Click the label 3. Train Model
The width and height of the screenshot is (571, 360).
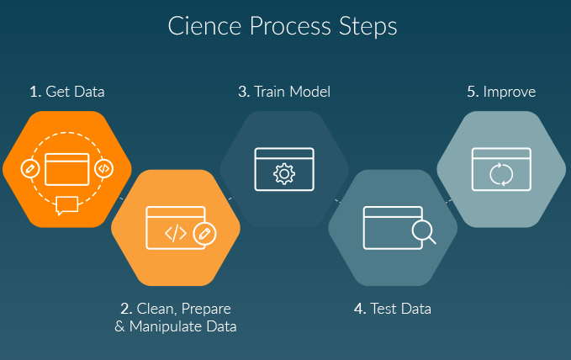coord(283,92)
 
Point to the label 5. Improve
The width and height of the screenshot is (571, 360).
coord(501,92)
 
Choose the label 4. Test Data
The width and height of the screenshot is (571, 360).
coord(392,309)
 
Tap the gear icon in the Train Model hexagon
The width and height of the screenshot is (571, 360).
coord(284,173)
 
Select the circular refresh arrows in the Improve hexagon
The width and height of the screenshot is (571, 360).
coord(501,173)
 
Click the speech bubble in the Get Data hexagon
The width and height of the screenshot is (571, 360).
coord(67,204)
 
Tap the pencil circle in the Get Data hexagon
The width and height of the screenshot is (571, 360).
coord(29,167)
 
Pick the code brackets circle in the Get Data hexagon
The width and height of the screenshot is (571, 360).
coord(103,167)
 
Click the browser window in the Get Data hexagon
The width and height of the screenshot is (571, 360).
coord(66,168)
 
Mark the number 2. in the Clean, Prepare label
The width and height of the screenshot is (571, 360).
coord(126,309)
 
